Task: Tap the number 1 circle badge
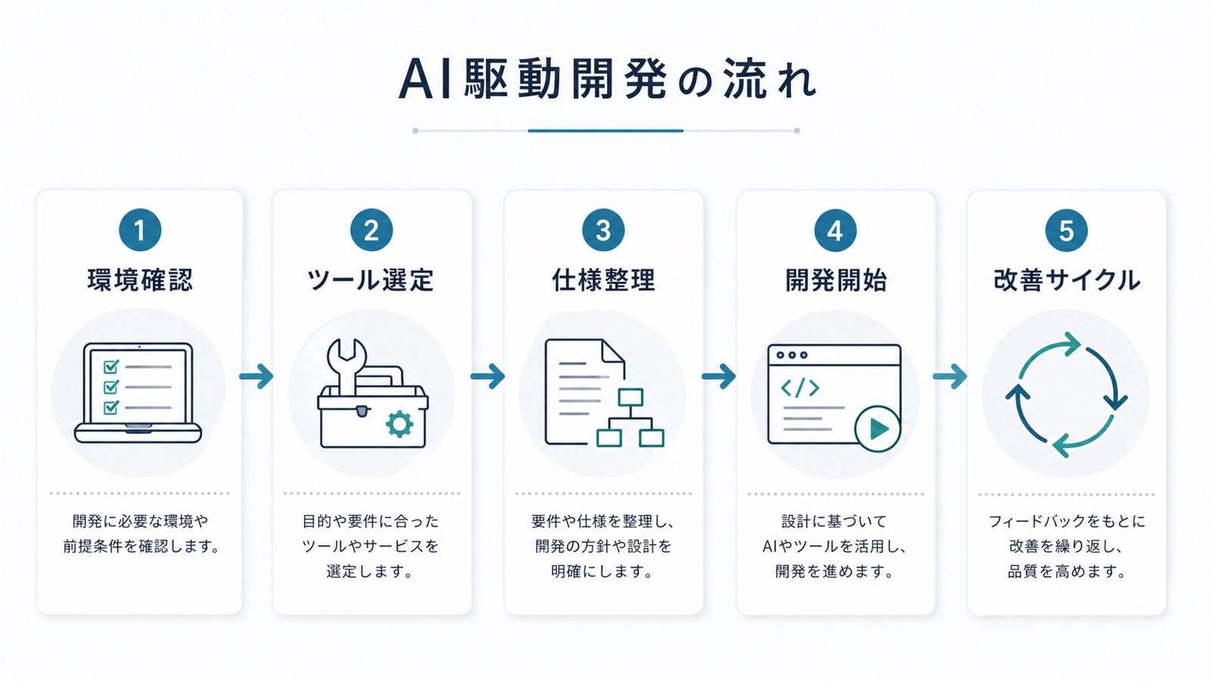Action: click(x=140, y=230)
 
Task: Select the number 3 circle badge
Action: click(x=603, y=230)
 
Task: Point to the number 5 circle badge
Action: click(x=1066, y=230)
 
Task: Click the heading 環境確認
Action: click(x=140, y=281)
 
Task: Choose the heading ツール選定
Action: click(x=371, y=281)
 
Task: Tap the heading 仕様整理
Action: click(x=603, y=281)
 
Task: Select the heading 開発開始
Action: click(x=836, y=281)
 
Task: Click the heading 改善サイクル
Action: click(x=1066, y=281)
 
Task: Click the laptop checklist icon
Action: click(x=139, y=392)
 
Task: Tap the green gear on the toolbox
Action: click(x=400, y=424)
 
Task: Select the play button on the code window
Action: click(x=877, y=429)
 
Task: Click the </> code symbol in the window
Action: click(x=800, y=388)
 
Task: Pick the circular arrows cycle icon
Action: click(x=1066, y=394)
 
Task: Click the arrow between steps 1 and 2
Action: click(x=257, y=376)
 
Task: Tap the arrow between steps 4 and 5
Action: click(x=950, y=376)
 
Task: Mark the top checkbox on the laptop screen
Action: click(x=111, y=367)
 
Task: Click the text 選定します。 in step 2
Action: click(x=371, y=571)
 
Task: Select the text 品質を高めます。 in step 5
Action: click(x=1066, y=571)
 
